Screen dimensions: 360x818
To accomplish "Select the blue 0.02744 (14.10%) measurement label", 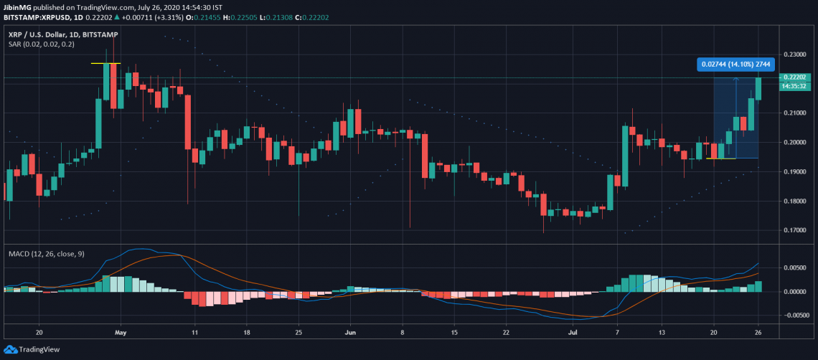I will (735, 64).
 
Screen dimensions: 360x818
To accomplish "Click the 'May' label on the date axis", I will (121, 333).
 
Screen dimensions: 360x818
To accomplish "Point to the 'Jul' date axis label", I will (572, 333).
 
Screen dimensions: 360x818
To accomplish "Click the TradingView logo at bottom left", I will (29, 350).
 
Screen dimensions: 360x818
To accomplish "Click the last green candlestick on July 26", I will (758, 89).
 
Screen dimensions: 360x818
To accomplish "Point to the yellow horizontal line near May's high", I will (105, 64).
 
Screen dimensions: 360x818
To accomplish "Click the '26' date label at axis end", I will (758, 333).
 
